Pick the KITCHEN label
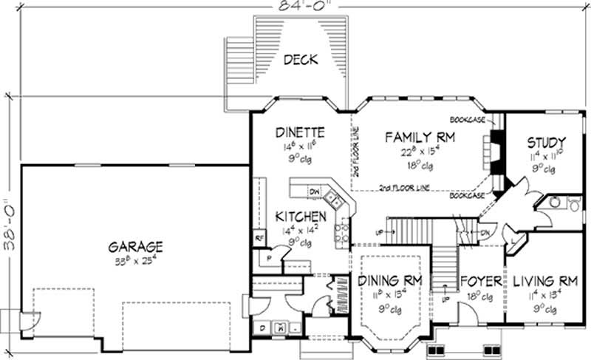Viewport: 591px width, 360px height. tap(300, 217)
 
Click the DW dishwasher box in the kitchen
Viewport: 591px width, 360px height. tap(315, 194)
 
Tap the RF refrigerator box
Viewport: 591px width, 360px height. tap(259, 238)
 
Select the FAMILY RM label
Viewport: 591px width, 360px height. tap(419, 137)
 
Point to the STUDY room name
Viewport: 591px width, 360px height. tap(547, 142)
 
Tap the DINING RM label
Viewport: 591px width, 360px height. tap(389, 281)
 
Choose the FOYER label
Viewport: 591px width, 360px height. tap(481, 282)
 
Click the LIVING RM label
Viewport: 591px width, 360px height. tap(544, 281)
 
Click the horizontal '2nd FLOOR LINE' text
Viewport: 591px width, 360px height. tap(403, 186)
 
